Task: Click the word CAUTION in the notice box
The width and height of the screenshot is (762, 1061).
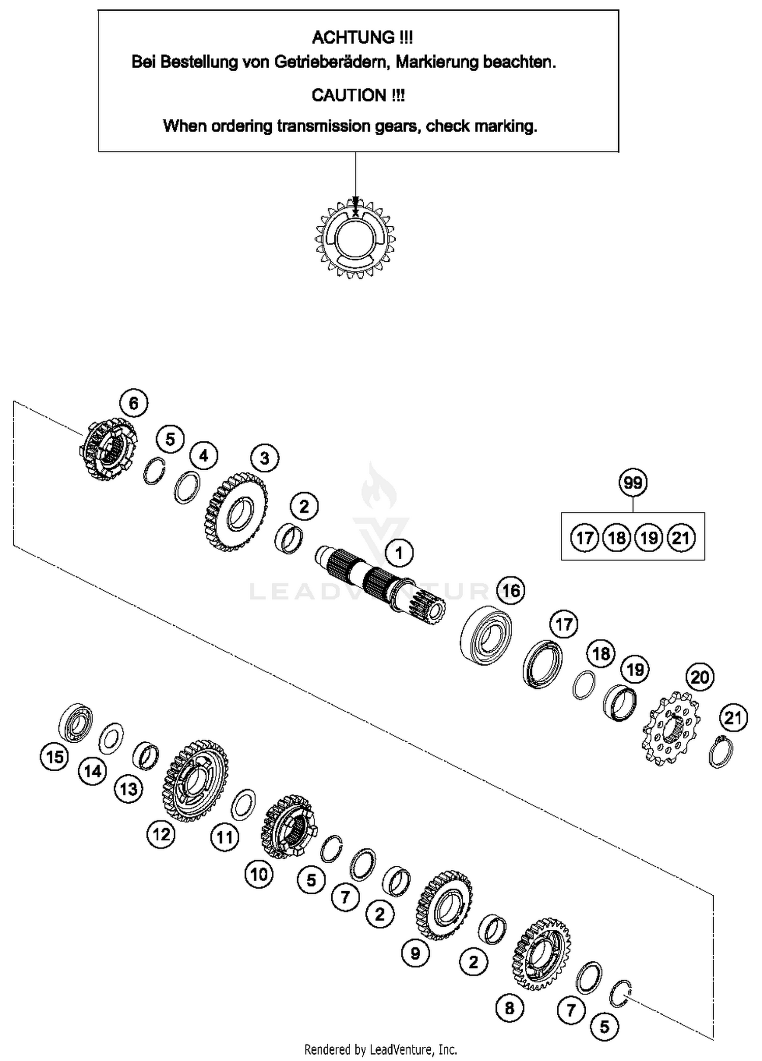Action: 349,95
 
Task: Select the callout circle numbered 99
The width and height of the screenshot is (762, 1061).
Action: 632,482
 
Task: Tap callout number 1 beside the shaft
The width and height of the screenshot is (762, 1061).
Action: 399,553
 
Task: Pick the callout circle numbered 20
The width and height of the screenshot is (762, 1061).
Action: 700,677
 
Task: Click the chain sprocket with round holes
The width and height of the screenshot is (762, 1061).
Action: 671,729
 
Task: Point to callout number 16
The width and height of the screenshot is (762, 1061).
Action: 511,590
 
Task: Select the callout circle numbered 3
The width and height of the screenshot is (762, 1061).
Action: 264,458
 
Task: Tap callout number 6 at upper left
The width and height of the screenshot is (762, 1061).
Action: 133,403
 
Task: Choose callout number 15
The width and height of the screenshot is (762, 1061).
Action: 54,757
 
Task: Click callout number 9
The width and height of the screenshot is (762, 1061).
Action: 415,953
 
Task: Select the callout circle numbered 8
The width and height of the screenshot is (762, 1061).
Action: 509,1008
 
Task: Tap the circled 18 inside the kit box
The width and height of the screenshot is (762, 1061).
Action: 616,537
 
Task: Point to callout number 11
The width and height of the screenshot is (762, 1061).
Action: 225,837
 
